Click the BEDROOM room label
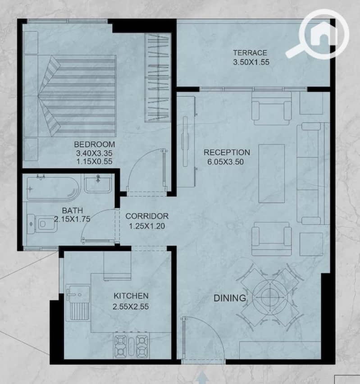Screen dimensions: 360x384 pos(95,144)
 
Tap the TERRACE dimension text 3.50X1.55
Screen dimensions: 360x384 pos(251,62)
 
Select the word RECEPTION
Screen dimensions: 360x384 pos(227,152)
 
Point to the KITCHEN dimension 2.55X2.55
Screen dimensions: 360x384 pos(131,306)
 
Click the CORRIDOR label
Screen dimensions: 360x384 pos(147,216)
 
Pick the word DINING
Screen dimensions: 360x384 pos(230,298)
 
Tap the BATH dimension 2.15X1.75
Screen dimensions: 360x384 pos(72,219)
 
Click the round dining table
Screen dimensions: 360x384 pos(270,297)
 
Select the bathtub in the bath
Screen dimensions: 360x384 pos(53,188)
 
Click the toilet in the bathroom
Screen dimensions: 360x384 pos(42,224)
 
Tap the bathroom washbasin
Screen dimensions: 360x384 pos(98,183)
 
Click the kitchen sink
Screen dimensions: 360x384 pos(77,303)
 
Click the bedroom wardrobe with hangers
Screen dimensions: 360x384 pos(157,78)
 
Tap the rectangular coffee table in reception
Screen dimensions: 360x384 pos(272,174)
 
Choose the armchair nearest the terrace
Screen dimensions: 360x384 pos(272,108)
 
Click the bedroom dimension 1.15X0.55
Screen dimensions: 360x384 pos(95,161)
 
